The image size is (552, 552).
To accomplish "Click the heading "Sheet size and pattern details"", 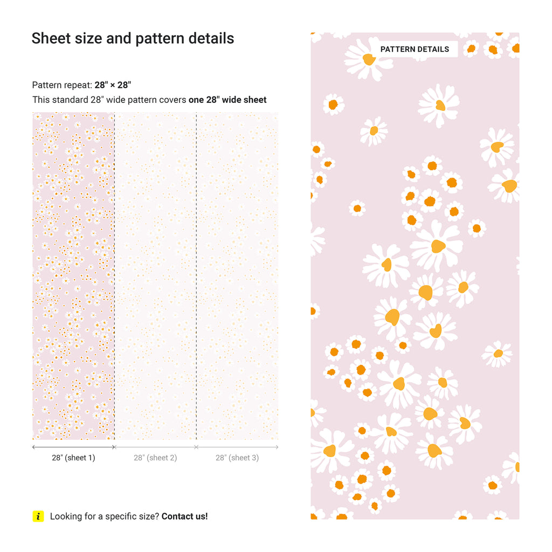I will point(133,38).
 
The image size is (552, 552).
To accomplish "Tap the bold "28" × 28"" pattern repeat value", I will point(113,85).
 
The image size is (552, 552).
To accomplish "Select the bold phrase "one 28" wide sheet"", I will point(227,100).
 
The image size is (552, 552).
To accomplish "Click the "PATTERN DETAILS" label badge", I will point(415,49).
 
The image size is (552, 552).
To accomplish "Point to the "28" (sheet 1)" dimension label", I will point(73,458).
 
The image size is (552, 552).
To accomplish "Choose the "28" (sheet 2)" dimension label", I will point(155,458).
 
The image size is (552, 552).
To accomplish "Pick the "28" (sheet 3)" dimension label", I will point(237,458).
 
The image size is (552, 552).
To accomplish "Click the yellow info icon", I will point(38,516).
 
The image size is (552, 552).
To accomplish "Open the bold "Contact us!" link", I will point(184,516).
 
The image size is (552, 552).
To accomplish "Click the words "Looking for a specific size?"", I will point(105,516).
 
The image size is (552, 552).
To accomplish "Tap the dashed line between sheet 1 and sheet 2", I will point(114,270).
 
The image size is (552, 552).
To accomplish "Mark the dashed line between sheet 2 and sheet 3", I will point(196,270).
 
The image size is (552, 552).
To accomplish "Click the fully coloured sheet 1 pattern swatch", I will point(73,275).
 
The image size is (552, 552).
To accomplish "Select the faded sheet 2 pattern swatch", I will point(155,275).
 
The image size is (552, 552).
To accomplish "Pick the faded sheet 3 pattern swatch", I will point(237,275).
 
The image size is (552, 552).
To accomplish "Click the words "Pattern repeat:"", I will point(62,85).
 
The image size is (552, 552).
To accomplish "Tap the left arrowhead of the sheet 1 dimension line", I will point(34,447).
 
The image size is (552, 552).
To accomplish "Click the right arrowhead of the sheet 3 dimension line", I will point(277,447).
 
